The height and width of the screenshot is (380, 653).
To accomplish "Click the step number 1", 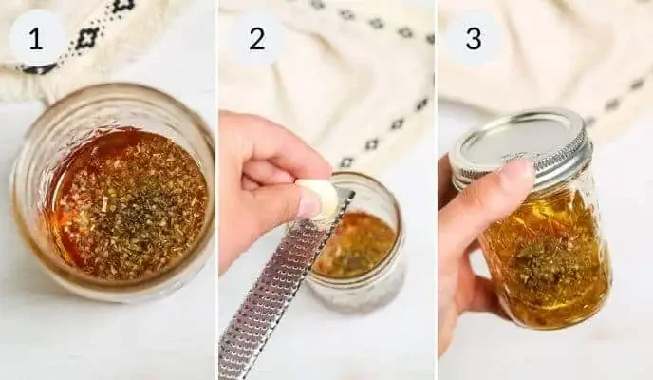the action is [x=36, y=39].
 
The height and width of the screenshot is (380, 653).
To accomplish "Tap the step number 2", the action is [x=256, y=39].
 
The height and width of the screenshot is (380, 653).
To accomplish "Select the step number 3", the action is [x=474, y=39].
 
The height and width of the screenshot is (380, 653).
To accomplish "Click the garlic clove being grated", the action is [x=317, y=197].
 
